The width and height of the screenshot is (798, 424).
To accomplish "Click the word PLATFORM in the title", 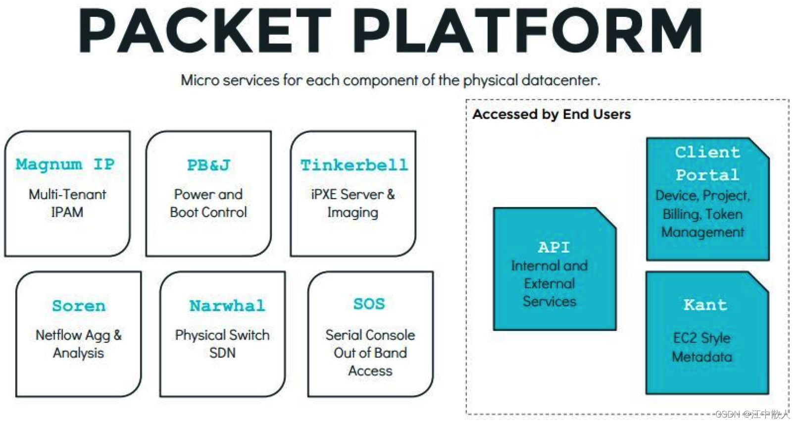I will tap(528, 30).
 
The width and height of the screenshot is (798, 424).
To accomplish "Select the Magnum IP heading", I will tap(65, 164).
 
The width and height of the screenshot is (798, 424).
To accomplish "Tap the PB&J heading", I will tap(208, 165).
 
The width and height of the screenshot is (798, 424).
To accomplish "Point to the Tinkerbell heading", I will tap(354, 165).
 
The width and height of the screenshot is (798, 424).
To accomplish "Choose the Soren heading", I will tap(79, 306).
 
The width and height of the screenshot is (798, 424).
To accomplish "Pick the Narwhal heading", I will tap(227, 306).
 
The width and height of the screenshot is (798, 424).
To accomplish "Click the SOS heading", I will tap(369, 304).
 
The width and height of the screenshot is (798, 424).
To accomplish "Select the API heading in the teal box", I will tap(553, 247).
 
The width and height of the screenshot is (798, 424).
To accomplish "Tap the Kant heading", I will tap(705, 305).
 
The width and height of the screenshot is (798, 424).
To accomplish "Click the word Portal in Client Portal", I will tap(707, 175).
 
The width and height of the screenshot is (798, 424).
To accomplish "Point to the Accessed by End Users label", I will tap(551, 114).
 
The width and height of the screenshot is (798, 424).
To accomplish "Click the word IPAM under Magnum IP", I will tap(67, 212).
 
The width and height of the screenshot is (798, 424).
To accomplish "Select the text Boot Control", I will tap(208, 212).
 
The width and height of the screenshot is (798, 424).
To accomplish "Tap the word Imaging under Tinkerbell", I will tap(352, 212).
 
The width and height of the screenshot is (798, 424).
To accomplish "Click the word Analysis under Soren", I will tap(79, 353).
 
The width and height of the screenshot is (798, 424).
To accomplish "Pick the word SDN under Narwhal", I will tap(222, 353).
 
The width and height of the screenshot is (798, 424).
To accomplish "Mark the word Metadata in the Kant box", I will tap(702, 357).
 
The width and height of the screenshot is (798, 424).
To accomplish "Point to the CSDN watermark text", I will tap(752, 414).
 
